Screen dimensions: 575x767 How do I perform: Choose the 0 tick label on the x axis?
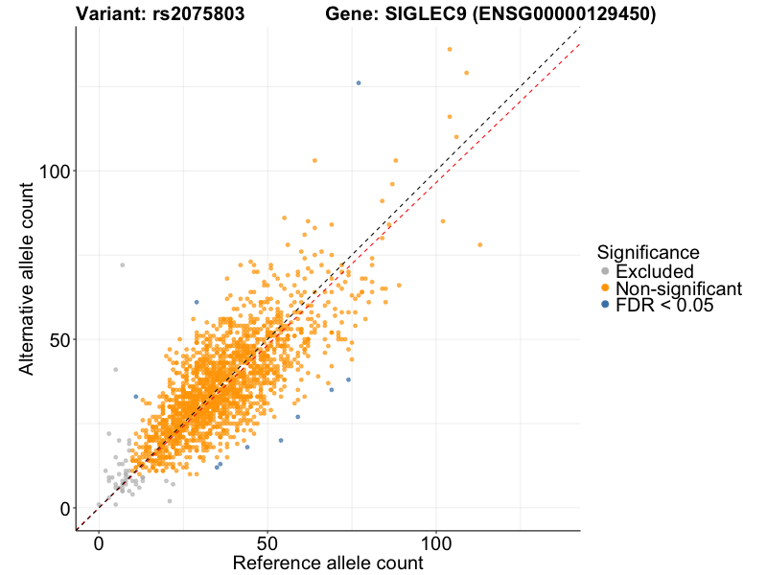pos(99,543)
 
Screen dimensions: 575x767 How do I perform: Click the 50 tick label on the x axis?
pos(267,543)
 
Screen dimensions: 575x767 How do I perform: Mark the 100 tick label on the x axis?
pos(436,543)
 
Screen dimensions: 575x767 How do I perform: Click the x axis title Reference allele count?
pos(328,563)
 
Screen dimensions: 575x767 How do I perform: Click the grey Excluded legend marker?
pos(605,271)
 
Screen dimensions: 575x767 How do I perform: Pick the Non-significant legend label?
pos(679,288)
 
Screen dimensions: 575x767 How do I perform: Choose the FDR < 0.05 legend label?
pos(665,306)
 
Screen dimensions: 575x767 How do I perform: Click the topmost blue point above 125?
pos(359,83)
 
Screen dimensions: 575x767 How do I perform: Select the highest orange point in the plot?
pos(449,50)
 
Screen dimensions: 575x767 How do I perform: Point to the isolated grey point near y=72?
pos(122,264)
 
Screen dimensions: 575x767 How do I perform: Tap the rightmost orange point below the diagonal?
pos(480,244)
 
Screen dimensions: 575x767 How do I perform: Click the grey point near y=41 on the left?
pos(115,369)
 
